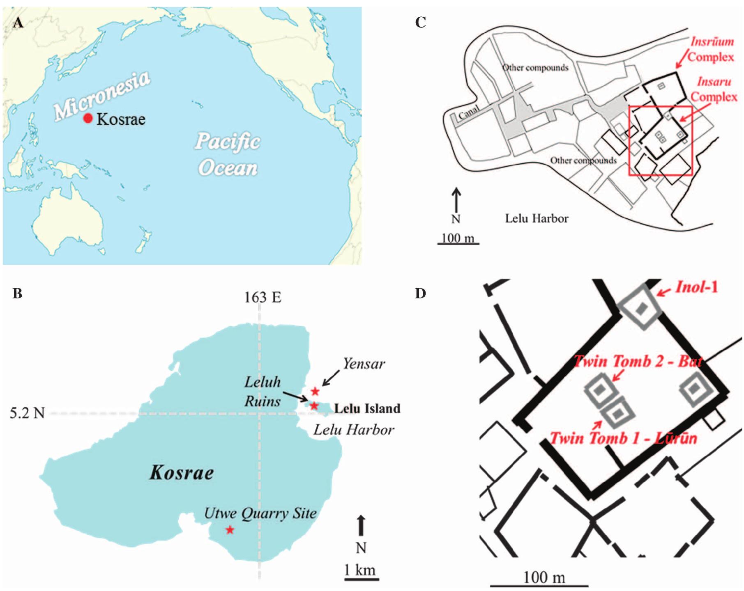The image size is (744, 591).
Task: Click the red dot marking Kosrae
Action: tap(88, 118)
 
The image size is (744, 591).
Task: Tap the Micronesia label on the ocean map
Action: tap(102, 96)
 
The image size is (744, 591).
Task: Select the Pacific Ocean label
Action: tap(228, 154)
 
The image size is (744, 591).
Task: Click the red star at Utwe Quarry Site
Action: tap(230, 530)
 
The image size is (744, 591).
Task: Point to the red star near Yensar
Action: tap(315, 391)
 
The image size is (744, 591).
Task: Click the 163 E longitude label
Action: tap(263, 297)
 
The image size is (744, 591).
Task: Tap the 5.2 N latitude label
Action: tap(27, 412)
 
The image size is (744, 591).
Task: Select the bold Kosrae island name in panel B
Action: tap(182, 473)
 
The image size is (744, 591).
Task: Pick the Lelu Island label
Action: tap(367, 408)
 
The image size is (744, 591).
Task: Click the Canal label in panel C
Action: tap(468, 112)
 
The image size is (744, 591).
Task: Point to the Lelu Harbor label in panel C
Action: tap(537, 218)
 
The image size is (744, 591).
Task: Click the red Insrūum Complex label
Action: tap(712, 49)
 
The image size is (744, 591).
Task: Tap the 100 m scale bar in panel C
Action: tap(458, 244)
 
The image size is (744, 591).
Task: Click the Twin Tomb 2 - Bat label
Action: tap(637, 362)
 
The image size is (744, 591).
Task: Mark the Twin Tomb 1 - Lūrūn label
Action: tap(623, 438)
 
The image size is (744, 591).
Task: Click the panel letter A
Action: tap(18, 23)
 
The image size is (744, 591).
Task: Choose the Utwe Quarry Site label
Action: tap(260, 513)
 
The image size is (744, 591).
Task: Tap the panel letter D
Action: tap(420, 293)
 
